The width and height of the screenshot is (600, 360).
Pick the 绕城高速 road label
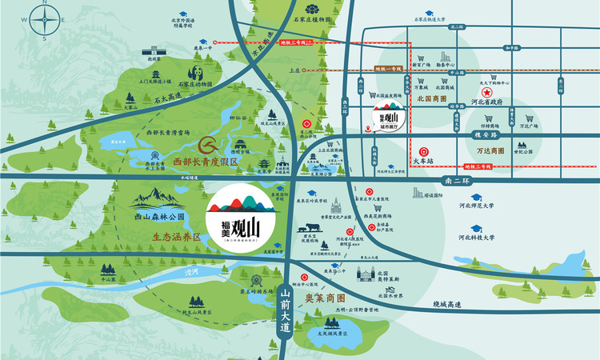point(448,303)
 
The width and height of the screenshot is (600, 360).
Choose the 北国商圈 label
point(433,99)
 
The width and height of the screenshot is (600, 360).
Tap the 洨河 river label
point(190,273)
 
